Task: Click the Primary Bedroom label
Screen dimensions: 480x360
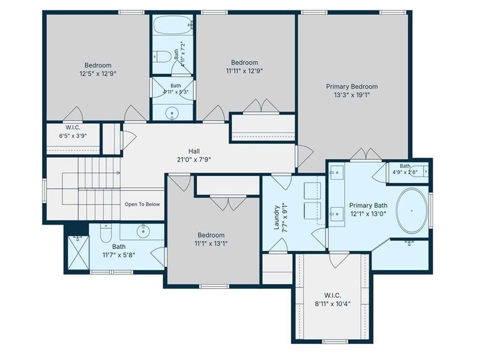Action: coord(352,86)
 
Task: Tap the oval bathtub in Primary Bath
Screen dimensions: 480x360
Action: coord(412,211)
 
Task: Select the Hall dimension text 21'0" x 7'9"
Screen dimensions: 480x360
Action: coord(194,159)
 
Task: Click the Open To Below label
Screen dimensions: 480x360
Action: coord(142,204)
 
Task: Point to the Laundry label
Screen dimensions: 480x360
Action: coord(276,218)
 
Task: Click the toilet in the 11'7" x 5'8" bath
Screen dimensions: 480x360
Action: coord(106,233)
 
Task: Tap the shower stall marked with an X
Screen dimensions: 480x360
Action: coord(78,253)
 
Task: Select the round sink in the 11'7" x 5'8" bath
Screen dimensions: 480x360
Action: coord(142,231)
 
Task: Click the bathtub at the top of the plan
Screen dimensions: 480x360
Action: coord(173,25)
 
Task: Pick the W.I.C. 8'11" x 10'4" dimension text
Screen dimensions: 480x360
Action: coord(332,304)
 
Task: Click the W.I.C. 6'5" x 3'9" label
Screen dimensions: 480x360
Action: coord(73,132)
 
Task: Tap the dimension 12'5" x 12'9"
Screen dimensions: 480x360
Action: coord(98,74)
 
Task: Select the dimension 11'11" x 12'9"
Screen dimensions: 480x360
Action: coord(245,71)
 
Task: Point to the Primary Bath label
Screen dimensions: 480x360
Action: coord(368,205)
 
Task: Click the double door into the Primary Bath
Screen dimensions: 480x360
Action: coord(366,155)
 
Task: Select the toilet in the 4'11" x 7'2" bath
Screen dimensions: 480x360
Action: coord(162,57)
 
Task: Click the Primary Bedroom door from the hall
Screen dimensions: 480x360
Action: coord(305,156)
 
